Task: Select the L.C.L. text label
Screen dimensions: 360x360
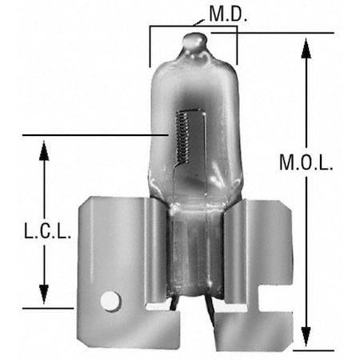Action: coord(46,231)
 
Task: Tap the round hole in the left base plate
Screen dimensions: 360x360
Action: coord(110,301)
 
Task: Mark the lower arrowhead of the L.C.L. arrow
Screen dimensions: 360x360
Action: coord(45,295)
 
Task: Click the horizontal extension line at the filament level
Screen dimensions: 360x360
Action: coord(96,135)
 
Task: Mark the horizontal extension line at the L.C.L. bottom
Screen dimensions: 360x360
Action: coord(48,307)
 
